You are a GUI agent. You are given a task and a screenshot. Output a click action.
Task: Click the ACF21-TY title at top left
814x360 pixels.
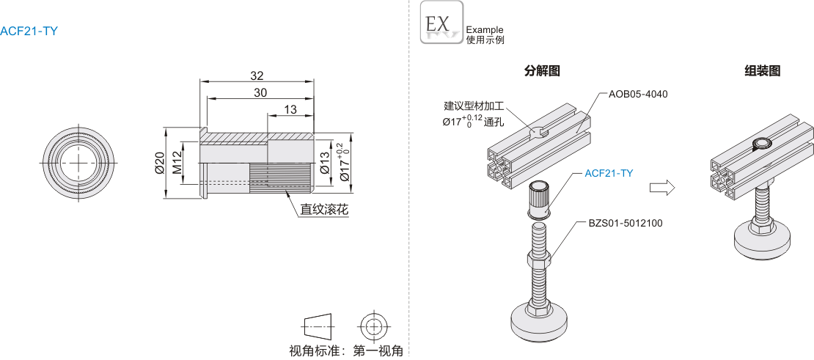pos(29,31)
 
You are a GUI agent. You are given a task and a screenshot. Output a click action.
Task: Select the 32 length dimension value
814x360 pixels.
pos(257,76)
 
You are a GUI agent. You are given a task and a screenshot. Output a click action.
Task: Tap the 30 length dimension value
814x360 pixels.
pos(260,92)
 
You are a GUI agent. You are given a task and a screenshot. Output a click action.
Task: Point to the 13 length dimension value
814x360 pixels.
pos(290,109)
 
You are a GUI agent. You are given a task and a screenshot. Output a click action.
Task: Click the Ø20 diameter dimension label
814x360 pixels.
pos(158,164)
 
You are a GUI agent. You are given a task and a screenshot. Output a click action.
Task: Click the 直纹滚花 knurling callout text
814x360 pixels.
pos(323,210)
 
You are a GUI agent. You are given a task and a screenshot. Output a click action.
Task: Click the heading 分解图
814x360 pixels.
pos(542,71)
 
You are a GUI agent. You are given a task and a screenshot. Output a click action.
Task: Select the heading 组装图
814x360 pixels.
pos(762,71)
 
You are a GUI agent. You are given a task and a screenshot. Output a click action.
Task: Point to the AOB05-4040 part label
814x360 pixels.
pos(638,94)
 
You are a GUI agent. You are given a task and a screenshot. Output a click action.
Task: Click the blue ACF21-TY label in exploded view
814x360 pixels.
pos(609,174)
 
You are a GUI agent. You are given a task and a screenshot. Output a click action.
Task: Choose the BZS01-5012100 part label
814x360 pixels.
pos(626,223)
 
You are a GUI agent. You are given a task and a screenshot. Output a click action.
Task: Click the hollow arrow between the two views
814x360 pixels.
pos(662,188)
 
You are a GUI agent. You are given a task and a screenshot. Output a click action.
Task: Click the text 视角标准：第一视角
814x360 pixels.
pos(346,350)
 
